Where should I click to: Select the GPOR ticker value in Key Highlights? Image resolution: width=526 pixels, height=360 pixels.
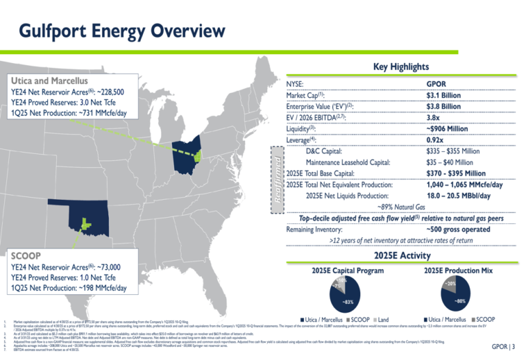click(438, 83)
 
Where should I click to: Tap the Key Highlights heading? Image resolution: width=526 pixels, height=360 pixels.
click(401, 67)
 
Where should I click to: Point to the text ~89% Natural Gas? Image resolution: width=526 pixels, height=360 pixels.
click(401, 207)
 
